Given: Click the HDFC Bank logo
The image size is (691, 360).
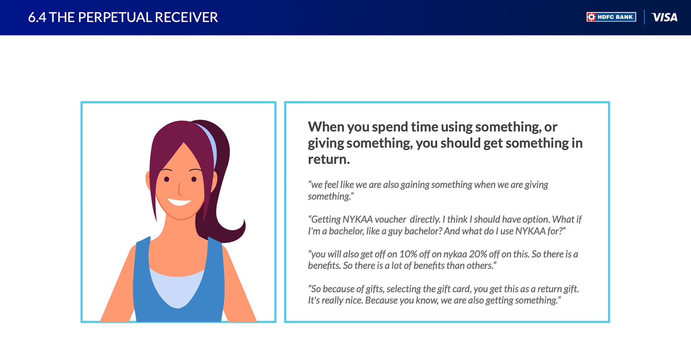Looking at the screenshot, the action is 611,17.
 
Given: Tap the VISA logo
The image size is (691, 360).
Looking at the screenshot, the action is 664,17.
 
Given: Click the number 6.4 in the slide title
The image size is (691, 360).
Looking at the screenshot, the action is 37,17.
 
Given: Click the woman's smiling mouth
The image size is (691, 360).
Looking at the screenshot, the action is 179,202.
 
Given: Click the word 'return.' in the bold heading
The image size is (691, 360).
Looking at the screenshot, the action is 329,159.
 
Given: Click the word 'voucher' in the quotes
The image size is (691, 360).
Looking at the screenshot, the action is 390,219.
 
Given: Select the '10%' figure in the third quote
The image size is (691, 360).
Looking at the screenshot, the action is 408,254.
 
